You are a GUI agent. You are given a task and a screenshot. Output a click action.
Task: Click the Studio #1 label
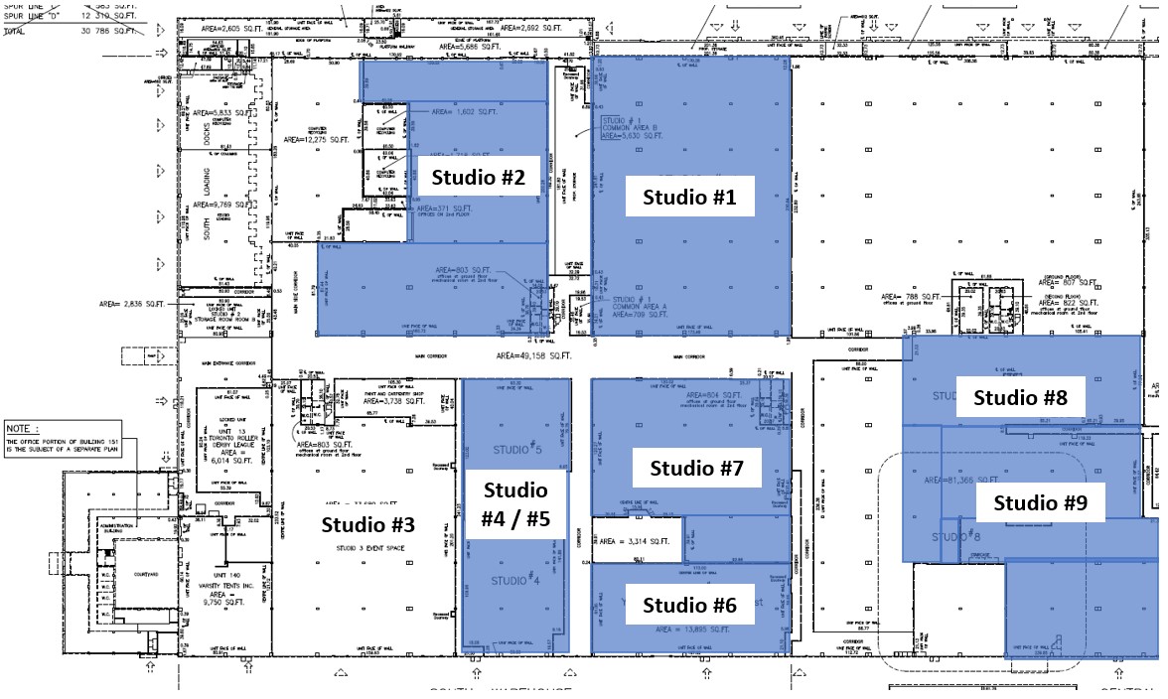coord(689,197)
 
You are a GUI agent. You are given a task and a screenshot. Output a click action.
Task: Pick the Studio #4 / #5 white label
coord(515,504)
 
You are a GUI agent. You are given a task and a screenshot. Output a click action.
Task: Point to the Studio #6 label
coord(689,605)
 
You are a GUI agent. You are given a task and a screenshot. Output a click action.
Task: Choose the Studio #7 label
coord(697,468)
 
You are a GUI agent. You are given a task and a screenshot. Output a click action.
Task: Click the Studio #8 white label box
coord(1021,397)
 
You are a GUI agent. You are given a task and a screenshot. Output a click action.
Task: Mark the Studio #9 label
coord(1041,502)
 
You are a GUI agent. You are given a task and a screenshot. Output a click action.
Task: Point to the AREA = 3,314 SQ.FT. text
coord(635,541)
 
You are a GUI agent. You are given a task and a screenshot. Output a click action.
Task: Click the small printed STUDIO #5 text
coord(515,449)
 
